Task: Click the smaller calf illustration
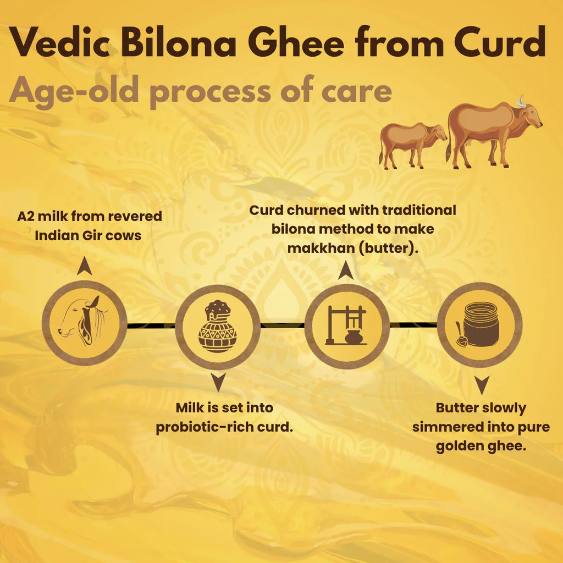pyautogui.click(x=412, y=143)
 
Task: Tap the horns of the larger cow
pyautogui.click(x=520, y=101)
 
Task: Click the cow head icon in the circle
pyautogui.click(x=84, y=323)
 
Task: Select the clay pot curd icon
pyautogui.click(x=218, y=327)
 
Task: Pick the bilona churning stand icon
pyautogui.click(x=347, y=325)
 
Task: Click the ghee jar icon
pyautogui.click(x=478, y=325)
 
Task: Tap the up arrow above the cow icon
pyautogui.click(x=84, y=266)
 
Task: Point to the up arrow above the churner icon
pyautogui.click(x=346, y=269)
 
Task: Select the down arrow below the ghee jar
pyautogui.click(x=482, y=385)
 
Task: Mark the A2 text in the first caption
pyautogui.click(x=27, y=216)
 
